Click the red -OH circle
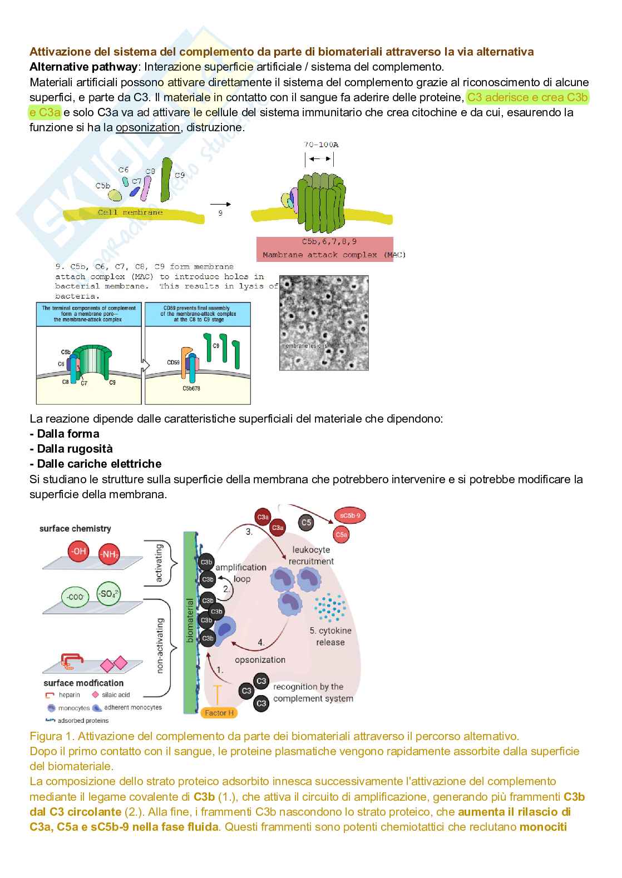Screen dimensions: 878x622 [x=79, y=552]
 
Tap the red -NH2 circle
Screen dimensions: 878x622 [x=110, y=554]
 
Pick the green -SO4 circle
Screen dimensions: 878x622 [x=108, y=594]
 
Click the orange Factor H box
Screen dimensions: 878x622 [x=219, y=713]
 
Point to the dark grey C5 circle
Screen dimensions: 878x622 [x=306, y=523]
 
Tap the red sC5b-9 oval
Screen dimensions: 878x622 [x=350, y=516]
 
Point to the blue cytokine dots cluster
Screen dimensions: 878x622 [x=330, y=608]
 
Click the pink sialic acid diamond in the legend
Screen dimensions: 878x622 [x=96, y=695]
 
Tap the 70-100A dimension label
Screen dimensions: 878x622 [x=321, y=145]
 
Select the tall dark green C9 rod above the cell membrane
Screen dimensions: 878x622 [x=166, y=179]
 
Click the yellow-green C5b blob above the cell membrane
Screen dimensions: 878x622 [x=115, y=195]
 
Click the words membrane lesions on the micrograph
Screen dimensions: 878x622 [x=304, y=346]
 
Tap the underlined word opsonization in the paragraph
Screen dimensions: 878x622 [x=147, y=127]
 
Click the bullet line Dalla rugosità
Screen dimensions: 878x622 [x=71, y=449]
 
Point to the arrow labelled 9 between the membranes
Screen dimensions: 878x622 [x=221, y=204]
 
